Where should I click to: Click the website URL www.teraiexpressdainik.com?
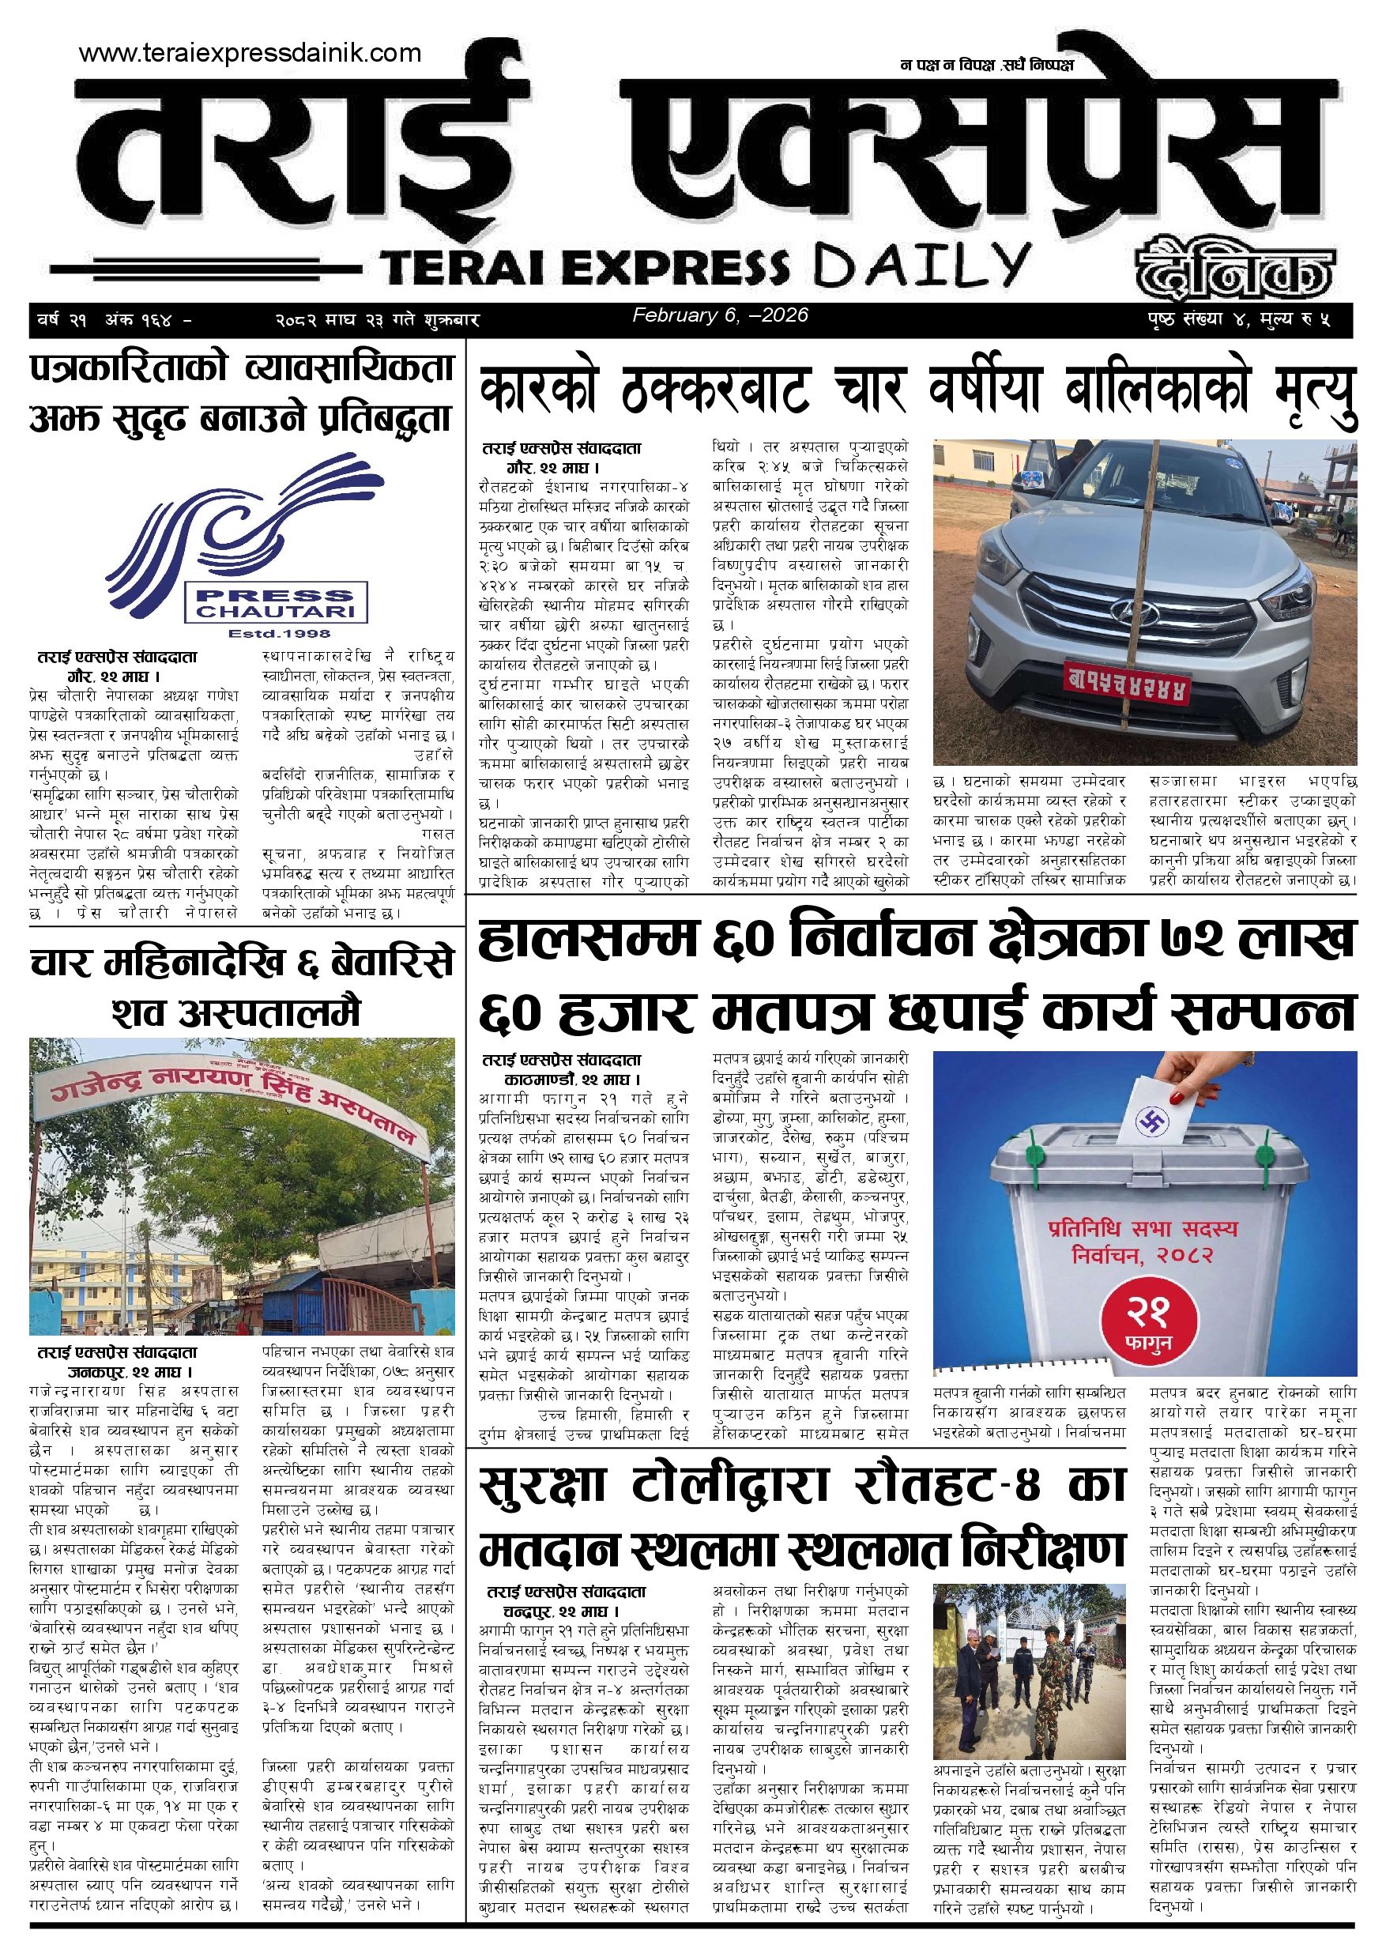[250, 53]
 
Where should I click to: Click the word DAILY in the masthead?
[921, 266]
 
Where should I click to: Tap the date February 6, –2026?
[719, 315]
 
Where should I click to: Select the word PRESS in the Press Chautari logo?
[275, 595]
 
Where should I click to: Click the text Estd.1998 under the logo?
[279, 633]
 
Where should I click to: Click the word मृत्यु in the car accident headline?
[1315, 394]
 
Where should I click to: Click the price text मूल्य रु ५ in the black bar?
[1294, 320]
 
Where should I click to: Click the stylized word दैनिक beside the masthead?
[1233, 269]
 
